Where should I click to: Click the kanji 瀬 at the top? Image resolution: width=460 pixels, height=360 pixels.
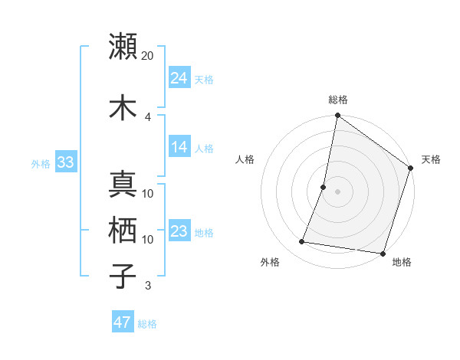pos(123,47)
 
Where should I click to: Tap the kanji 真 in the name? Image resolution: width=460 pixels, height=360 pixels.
pos(123,185)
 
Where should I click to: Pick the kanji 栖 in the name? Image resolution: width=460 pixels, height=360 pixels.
pos(123,230)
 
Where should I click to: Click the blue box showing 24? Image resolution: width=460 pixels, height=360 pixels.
pos(179,77)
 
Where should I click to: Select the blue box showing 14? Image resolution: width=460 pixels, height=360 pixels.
pos(179,147)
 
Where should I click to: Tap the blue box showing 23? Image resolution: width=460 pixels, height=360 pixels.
pos(179,231)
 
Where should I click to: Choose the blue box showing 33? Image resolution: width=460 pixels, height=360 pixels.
pos(65,162)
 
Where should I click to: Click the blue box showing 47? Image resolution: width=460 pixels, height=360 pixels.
pos(123,322)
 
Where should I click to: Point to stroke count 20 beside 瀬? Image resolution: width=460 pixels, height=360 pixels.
pos(148,56)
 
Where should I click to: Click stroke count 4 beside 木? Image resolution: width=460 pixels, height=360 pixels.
pos(148,116)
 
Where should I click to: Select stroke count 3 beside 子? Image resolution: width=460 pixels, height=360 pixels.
pos(148,286)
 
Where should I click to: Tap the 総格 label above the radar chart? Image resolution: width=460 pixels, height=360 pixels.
pos(338,100)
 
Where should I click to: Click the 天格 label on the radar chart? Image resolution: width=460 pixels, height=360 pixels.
pos(431,159)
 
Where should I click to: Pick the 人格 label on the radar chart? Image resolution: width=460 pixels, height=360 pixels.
pos(245,159)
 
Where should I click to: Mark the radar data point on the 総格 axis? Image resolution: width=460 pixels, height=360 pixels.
pos(337,116)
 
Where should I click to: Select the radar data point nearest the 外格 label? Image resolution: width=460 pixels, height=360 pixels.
pos(302,242)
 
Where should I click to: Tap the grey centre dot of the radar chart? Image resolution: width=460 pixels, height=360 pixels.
pos(337,191)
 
